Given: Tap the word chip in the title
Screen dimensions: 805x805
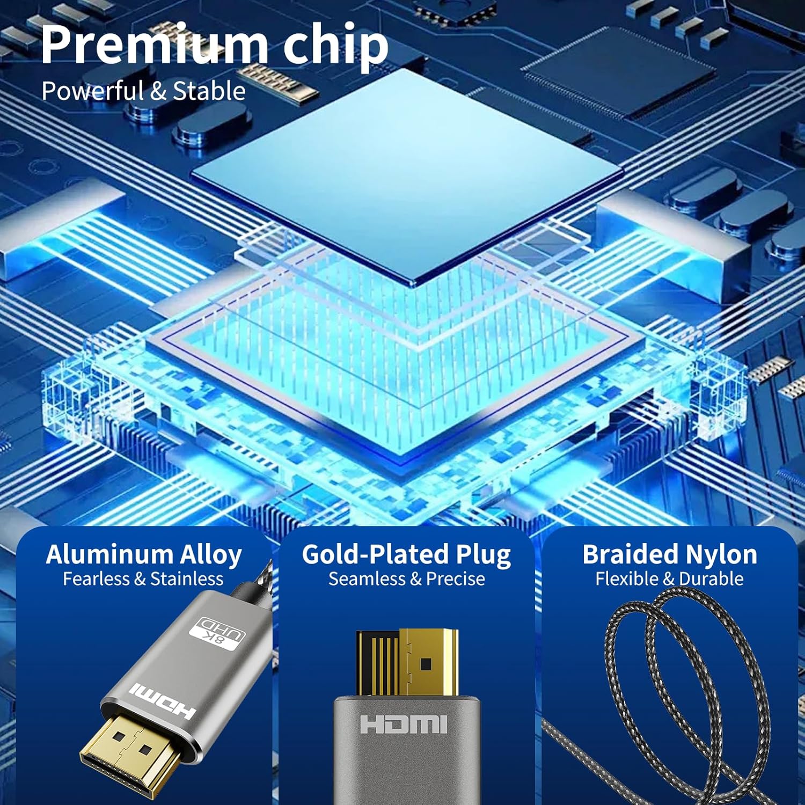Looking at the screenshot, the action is tap(335, 47).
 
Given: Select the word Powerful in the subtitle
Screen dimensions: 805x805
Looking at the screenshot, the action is tap(93, 91).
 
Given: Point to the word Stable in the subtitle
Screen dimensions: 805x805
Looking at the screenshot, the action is tap(209, 91).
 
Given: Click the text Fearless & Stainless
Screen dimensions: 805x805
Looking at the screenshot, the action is tap(143, 579).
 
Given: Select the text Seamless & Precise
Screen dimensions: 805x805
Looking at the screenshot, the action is tap(407, 579).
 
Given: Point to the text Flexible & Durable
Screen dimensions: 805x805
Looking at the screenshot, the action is tap(669, 579).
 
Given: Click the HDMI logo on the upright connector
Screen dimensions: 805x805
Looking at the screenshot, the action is tap(404, 723).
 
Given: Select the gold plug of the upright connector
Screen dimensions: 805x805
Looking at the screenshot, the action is tap(407, 663).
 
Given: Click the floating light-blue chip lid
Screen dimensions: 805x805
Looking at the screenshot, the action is tap(408, 174).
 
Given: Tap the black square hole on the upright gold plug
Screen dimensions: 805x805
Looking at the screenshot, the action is tap(427, 664).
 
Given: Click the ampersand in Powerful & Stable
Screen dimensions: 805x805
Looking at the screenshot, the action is tap(159, 91).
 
